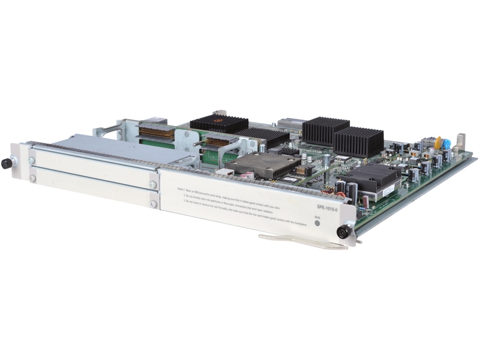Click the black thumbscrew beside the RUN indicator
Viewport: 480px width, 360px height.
(x=343, y=232)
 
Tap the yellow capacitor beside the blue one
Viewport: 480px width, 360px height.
(x=438, y=142)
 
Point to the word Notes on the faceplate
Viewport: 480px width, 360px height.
(x=181, y=187)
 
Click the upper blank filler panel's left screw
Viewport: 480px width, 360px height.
(x=32, y=161)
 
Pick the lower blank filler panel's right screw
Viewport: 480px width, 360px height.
(x=154, y=204)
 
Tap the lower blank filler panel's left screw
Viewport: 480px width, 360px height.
(x=32, y=178)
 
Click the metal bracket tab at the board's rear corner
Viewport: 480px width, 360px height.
(x=460, y=142)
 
